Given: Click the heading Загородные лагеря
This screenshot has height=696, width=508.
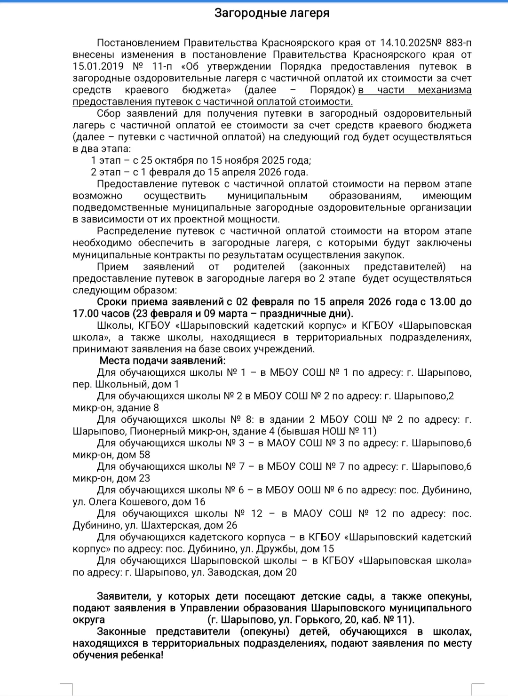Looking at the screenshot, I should click(x=272, y=13).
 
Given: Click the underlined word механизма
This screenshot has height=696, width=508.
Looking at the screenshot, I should click(x=444, y=90).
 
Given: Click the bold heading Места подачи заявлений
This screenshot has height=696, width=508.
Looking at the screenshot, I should click(x=162, y=361).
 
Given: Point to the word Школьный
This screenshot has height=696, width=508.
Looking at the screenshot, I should click(x=114, y=384).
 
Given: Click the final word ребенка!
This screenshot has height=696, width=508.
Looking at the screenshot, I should click(x=142, y=655).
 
